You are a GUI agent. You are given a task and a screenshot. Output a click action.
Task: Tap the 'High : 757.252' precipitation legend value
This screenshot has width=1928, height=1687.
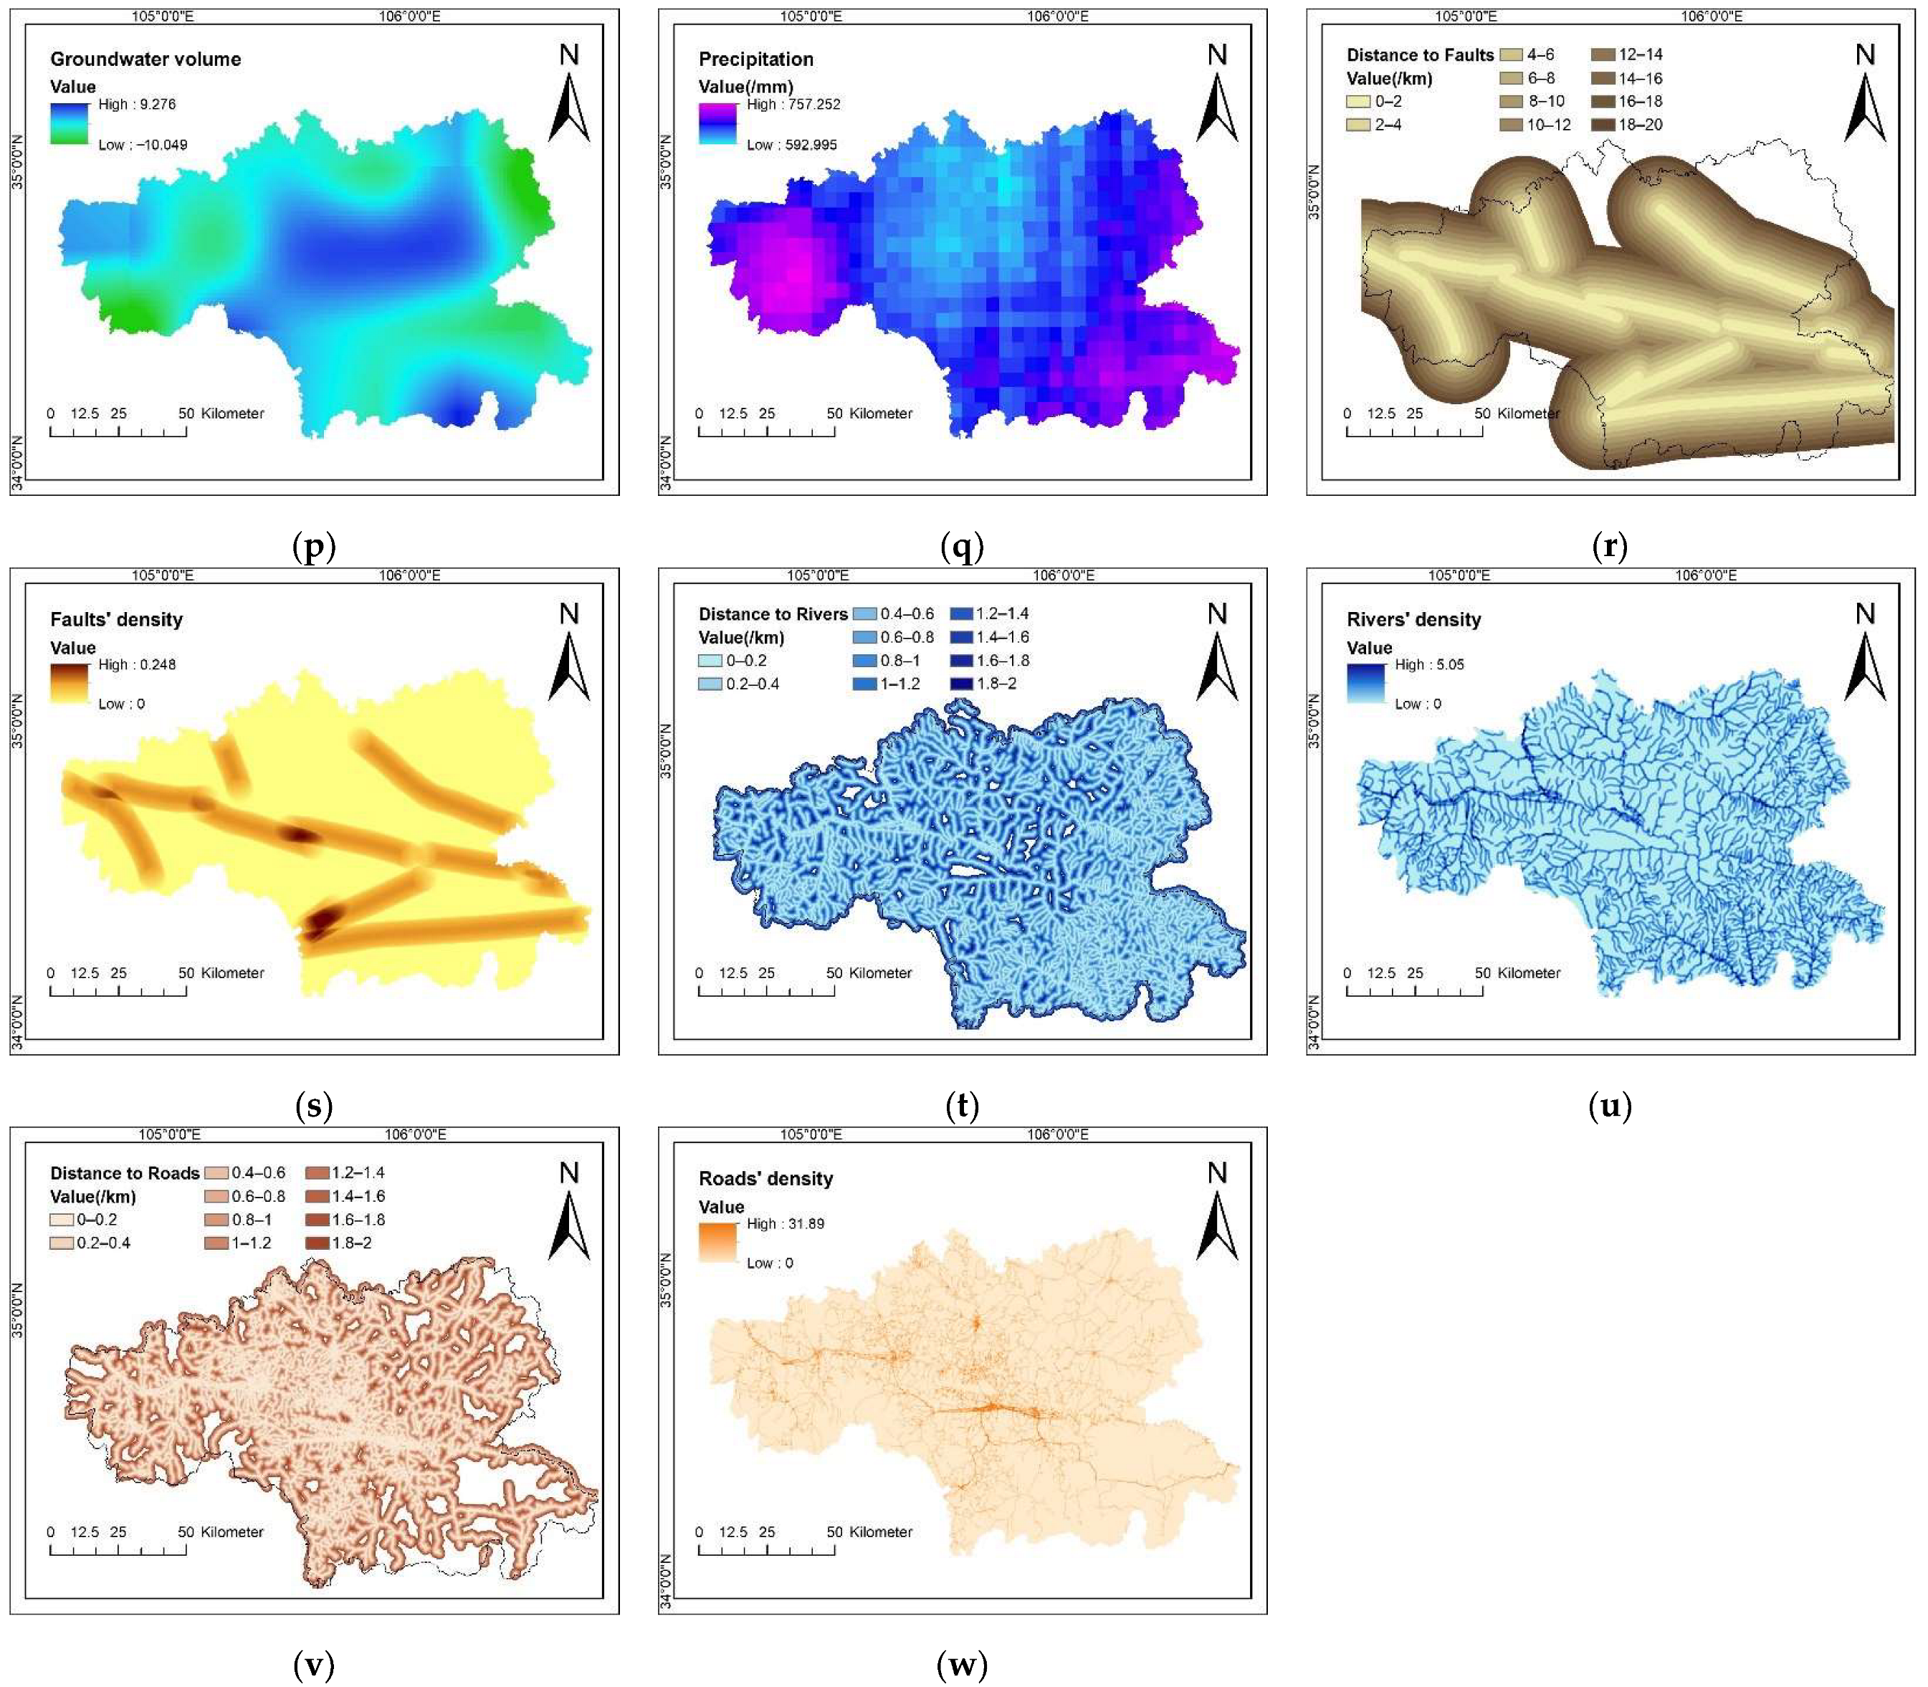coord(793,105)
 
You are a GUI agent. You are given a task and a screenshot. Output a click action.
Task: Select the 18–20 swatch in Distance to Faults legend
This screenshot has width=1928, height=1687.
coord(1603,124)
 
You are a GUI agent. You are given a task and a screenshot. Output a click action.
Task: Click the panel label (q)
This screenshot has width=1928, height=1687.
coord(961,546)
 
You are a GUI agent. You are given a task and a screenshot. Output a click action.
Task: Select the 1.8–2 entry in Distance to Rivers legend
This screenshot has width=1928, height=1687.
coord(988,684)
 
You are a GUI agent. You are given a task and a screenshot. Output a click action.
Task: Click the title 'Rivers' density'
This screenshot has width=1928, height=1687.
coord(1413,619)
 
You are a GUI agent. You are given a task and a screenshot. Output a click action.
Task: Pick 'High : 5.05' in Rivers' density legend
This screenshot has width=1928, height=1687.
coord(1429,664)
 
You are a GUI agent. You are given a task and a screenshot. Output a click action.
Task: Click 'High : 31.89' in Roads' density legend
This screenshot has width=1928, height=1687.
coord(785,1224)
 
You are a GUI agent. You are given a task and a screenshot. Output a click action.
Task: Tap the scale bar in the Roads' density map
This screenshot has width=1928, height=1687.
coord(765,1558)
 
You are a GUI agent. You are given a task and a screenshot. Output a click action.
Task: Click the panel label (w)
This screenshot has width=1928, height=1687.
coord(961,1664)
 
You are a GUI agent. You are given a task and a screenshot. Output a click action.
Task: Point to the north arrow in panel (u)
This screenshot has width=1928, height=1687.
coord(1864,654)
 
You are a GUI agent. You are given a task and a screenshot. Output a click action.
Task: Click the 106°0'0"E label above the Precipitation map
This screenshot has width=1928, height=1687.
coord(1057,16)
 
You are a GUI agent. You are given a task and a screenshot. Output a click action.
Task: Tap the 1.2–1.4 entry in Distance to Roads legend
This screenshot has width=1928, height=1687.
coord(345,1173)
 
